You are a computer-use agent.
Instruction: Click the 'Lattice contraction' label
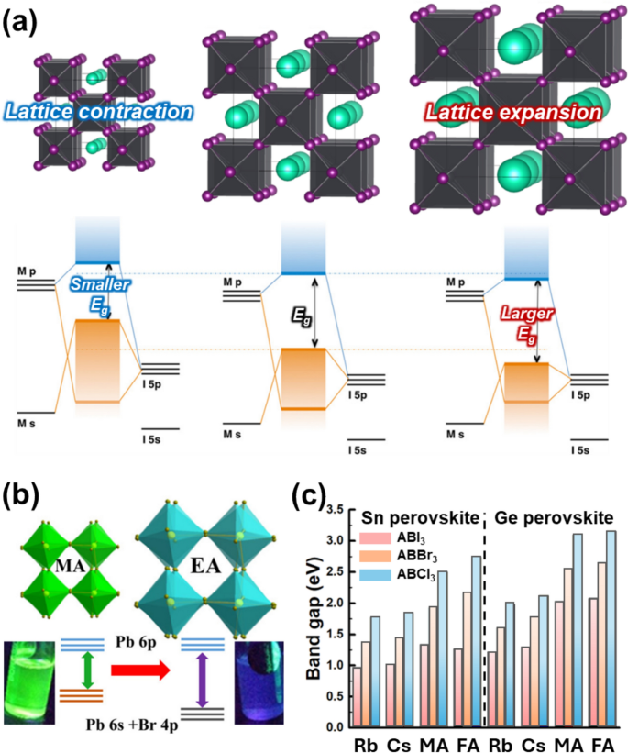coord(98,112)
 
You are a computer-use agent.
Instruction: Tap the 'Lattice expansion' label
coord(513,113)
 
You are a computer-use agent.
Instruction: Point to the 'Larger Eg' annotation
coord(527,325)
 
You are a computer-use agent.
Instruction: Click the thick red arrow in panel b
coord(140,670)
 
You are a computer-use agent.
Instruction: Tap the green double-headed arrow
coord(87,670)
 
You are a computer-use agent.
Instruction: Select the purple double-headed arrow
coord(202,680)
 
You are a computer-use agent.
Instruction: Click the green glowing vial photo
coord(29,682)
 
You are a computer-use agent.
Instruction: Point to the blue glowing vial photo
coord(259,682)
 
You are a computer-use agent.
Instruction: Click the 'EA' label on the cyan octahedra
coord(205,565)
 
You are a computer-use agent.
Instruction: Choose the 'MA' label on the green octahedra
coord(70,566)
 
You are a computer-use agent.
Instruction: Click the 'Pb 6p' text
coord(136,642)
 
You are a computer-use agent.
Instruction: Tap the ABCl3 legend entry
coord(398,574)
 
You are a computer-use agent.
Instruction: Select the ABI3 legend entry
coord(392,538)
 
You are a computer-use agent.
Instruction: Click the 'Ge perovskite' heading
coord(554,517)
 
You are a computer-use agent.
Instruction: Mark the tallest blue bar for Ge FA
coord(611,628)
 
